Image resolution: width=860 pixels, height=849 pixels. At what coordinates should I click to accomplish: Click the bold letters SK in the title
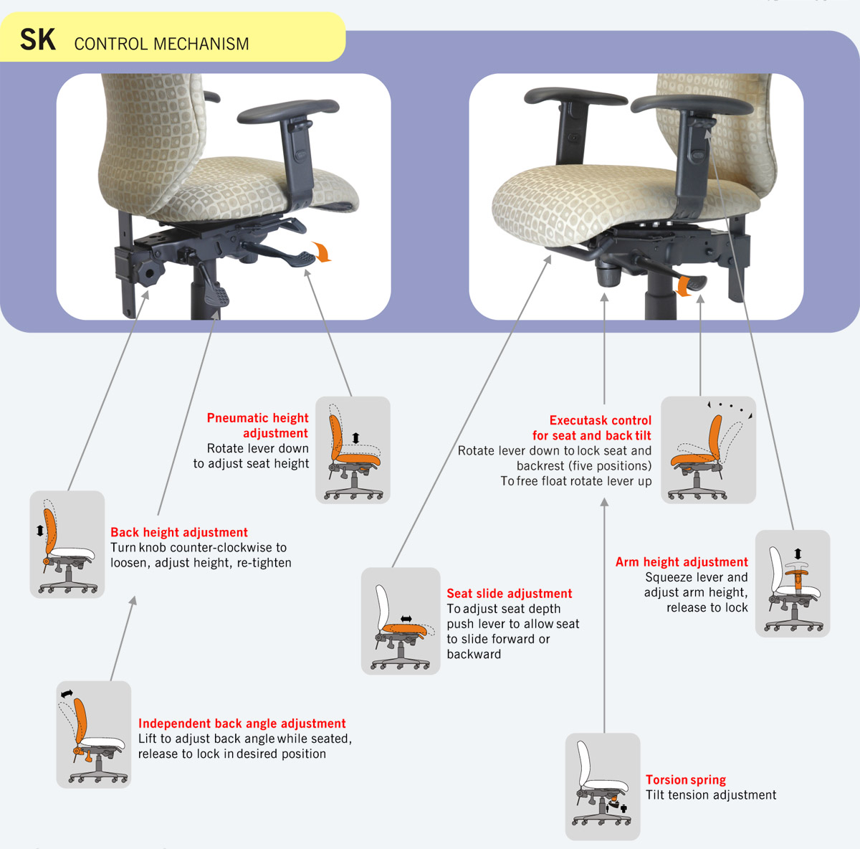pos(38,39)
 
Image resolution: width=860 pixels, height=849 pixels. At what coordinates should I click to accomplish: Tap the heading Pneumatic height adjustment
pos(257,425)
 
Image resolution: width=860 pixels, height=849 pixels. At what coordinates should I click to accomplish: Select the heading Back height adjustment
pos(179,532)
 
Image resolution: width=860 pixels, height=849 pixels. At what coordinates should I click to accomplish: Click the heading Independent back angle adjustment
pos(242,723)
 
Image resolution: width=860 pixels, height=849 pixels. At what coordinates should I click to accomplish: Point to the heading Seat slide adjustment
pos(510,593)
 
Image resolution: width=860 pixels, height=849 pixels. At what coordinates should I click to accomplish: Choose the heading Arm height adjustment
pos(682,561)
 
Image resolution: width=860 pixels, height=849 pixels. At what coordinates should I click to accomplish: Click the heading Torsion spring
pos(686,779)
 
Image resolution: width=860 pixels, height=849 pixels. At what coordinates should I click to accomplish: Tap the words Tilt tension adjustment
pos(711,795)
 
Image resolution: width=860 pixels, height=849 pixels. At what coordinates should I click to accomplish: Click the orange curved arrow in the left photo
pos(323,252)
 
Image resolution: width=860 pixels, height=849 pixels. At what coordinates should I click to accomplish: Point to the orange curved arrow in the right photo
pos(684,286)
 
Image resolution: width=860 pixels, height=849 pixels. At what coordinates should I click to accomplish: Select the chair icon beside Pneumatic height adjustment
pos(353,450)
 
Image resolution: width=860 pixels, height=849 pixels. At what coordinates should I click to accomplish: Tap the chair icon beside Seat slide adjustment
pos(401,621)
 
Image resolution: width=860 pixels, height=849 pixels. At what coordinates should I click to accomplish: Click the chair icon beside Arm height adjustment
pos(793,583)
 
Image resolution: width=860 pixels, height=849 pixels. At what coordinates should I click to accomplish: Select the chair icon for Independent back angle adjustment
pos(94,734)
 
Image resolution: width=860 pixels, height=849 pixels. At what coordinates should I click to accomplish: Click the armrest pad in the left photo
pos(288,110)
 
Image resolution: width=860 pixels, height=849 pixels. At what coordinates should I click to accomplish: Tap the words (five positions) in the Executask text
pos(609,466)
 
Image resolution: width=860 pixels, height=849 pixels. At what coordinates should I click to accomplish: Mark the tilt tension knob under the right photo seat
pos(608,274)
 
